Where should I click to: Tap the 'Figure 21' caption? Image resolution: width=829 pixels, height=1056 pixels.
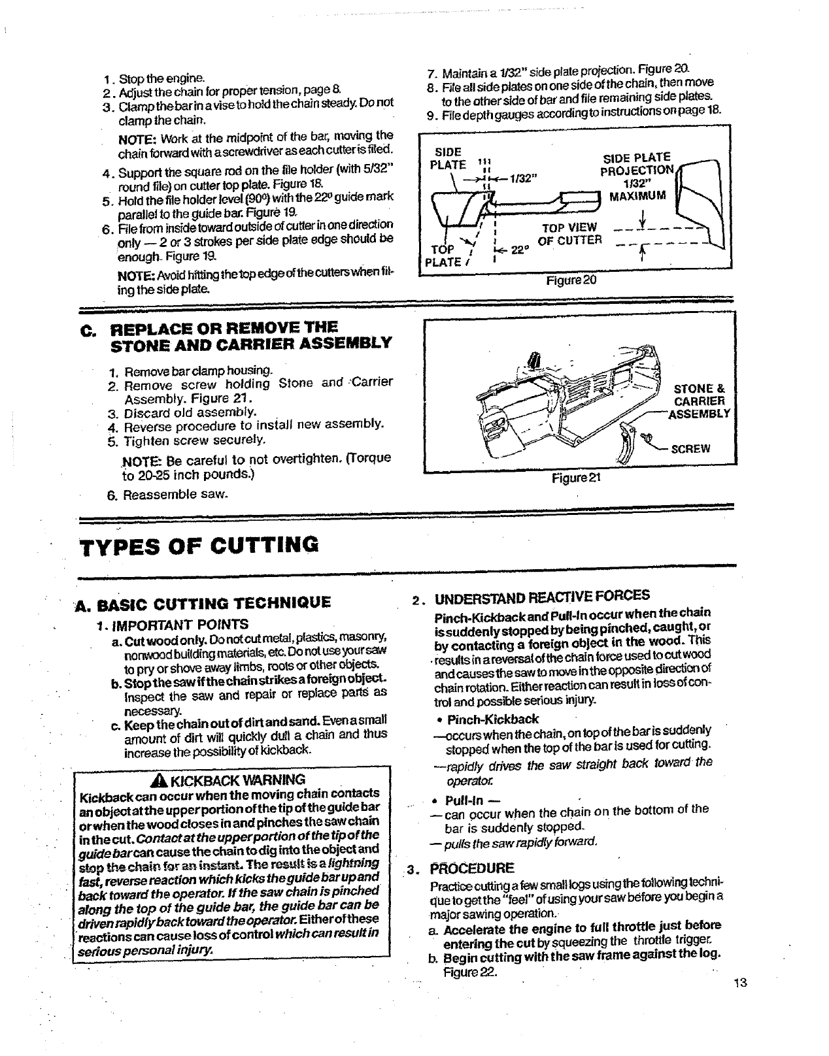(x=576, y=478)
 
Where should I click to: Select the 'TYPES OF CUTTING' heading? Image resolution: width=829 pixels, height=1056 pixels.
(x=199, y=544)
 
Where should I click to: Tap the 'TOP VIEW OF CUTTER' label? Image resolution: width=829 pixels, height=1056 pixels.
(x=569, y=233)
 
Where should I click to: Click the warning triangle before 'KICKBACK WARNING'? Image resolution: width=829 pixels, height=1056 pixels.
(x=155, y=780)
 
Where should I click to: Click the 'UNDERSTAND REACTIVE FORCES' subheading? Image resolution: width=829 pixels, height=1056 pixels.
(x=542, y=595)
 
